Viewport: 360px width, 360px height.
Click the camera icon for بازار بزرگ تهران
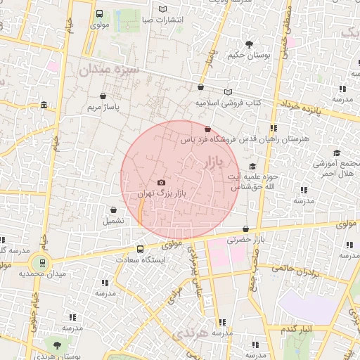(x=162, y=182)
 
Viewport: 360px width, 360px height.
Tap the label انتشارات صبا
(x=162, y=20)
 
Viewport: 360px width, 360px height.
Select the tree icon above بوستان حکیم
(x=249, y=44)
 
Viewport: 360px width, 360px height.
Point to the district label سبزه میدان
(x=109, y=70)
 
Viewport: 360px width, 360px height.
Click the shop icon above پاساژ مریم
(x=103, y=96)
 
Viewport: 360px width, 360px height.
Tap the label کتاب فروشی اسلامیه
(x=228, y=103)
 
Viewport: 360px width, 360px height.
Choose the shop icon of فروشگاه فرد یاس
(x=207, y=129)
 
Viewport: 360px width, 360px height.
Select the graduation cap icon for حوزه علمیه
(x=252, y=166)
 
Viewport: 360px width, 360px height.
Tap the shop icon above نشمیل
(x=113, y=210)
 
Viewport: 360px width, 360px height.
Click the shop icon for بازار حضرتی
(x=245, y=229)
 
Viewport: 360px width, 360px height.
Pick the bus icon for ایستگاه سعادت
(x=140, y=249)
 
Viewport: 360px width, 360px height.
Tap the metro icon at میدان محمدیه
(x=44, y=263)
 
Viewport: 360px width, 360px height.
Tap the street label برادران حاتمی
(x=294, y=269)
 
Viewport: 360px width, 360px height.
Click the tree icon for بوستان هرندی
(x=57, y=344)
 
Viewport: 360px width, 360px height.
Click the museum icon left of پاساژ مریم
(x=44, y=105)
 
